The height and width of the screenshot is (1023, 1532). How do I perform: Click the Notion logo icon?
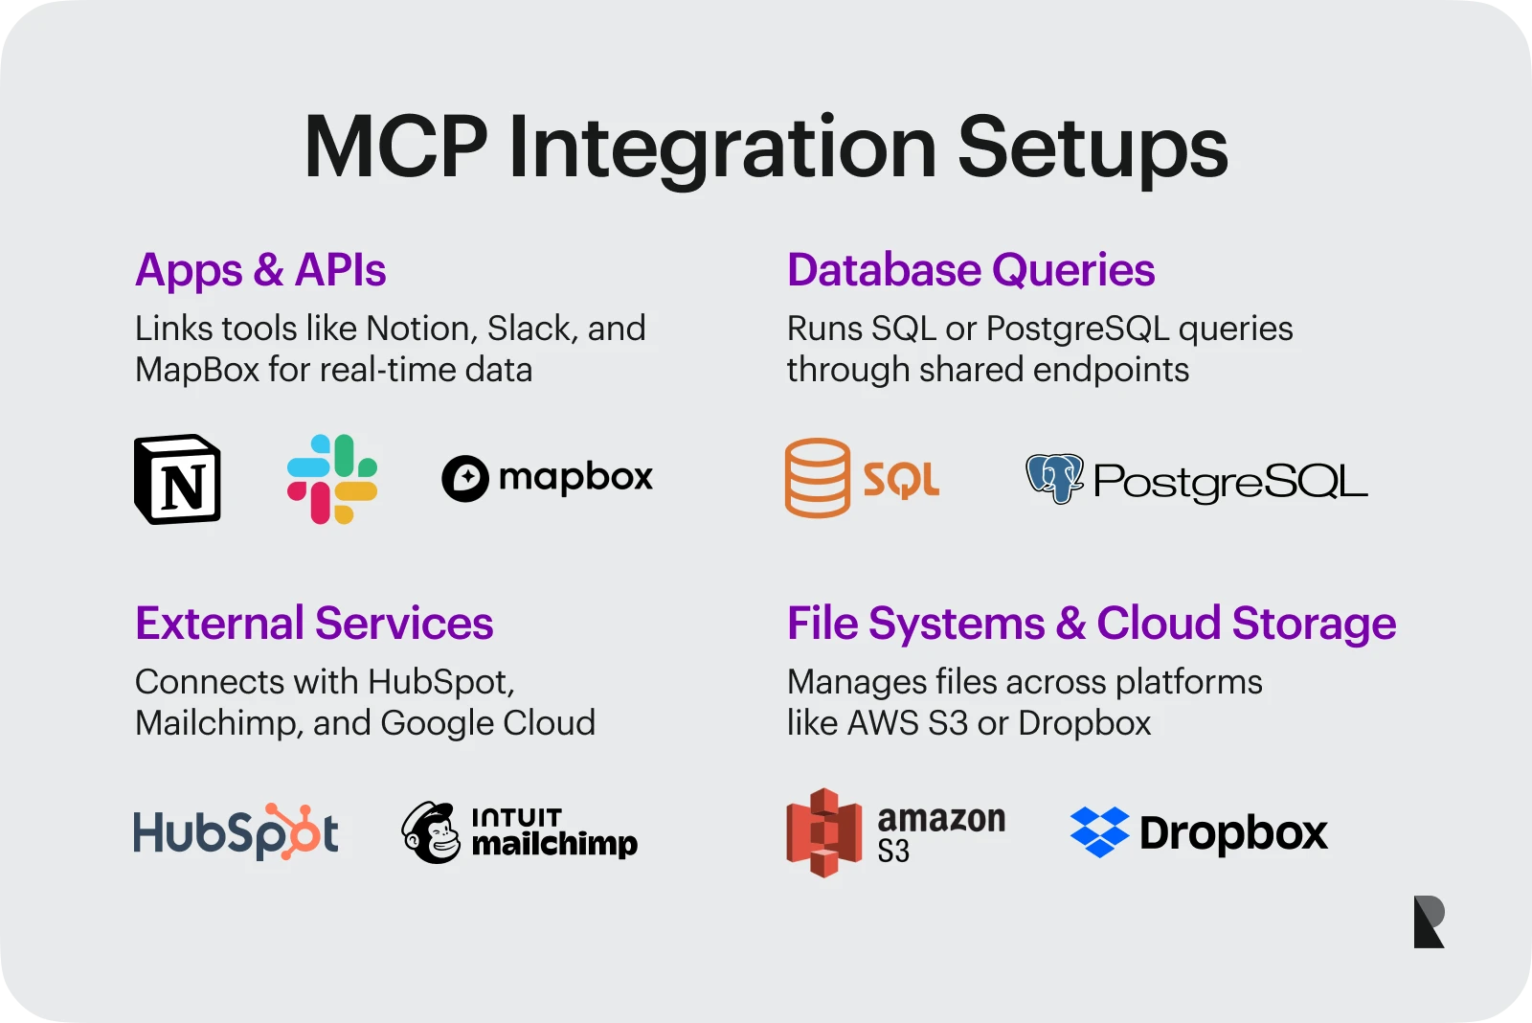(177, 479)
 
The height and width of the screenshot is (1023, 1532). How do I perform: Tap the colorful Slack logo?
(331, 479)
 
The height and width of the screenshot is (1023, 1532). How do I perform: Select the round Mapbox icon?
(465, 478)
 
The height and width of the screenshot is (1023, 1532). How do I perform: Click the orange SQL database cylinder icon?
(818, 478)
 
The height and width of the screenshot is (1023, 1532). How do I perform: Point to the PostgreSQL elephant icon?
(1054, 478)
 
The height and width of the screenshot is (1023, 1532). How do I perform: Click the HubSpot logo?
(236, 831)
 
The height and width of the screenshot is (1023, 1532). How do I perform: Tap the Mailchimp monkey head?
(431, 832)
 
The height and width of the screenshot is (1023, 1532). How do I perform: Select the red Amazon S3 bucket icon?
(824, 832)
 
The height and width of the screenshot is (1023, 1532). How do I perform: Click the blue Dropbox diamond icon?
(1099, 831)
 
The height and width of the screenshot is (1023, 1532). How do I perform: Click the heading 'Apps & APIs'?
(260, 269)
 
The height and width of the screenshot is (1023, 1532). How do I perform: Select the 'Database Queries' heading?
(971, 269)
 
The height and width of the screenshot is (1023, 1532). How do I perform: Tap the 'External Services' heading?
(314, 623)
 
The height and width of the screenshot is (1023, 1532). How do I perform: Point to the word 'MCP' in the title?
(396, 148)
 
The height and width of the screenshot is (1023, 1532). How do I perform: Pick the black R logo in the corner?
(1429, 921)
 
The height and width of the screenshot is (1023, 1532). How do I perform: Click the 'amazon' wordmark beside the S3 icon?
(942, 818)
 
